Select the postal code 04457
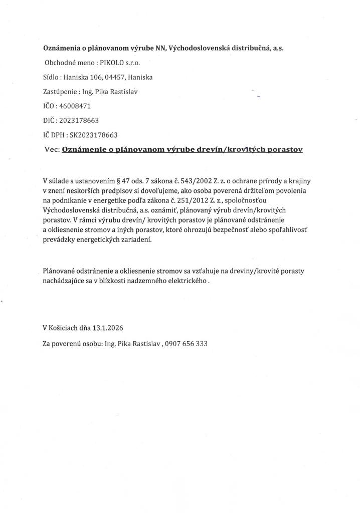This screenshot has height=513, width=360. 113,78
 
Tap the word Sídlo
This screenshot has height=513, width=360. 52,78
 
